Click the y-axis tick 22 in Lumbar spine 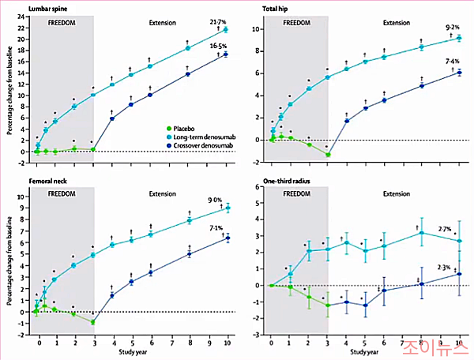click(x=20, y=17)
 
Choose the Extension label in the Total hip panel click(x=396, y=23)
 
